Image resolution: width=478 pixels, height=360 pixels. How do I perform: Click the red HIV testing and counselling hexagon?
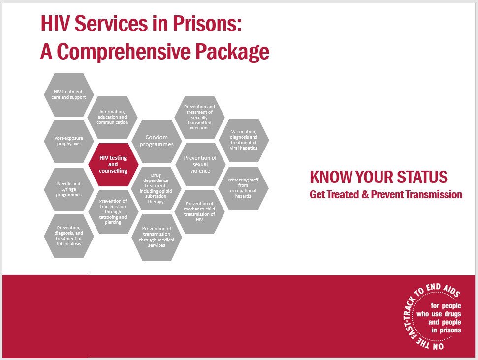pyautogui.click(x=113, y=165)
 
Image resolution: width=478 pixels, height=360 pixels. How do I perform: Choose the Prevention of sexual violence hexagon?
pyautogui.click(x=200, y=165)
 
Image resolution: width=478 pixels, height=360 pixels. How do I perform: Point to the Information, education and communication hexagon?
pyautogui.click(x=113, y=117)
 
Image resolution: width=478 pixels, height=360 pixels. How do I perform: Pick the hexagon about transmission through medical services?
pyautogui.click(x=157, y=236)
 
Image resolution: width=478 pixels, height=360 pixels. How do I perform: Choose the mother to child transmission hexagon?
pyautogui.click(x=200, y=211)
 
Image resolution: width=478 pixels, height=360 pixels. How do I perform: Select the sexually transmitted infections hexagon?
pyautogui.click(x=200, y=117)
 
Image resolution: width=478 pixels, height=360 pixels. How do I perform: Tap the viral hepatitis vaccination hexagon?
pyautogui.click(x=244, y=141)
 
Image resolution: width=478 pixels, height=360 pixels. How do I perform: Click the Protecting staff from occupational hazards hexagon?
pyautogui.click(x=244, y=188)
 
